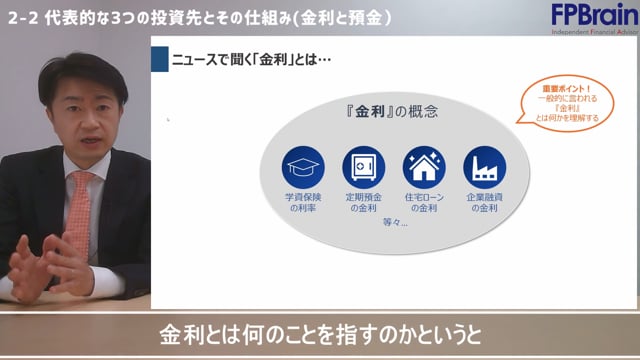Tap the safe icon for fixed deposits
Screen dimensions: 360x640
tap(363, 168)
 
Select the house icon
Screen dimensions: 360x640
tap(423, 168)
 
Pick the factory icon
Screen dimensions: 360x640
tap(484, 168)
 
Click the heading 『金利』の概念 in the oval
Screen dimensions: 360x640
tap(393, 110)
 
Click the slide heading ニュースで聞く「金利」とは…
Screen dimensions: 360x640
tap(250, 59)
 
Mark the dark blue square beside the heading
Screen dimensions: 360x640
tap(159, 59)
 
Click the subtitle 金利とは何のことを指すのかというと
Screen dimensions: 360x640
tap(319, 334)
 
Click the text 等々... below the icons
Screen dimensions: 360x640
tap(394, 223)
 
